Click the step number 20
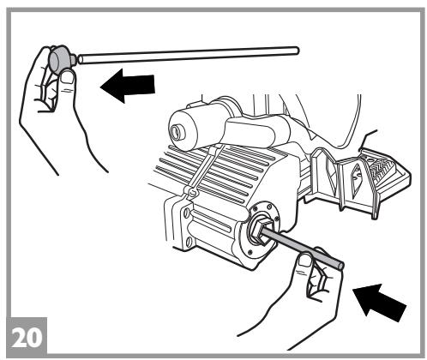27,337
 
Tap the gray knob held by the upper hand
60,59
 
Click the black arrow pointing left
128,86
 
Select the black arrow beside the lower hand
380,303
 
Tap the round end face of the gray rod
340,267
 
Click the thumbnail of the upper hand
69,77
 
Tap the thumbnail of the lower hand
304,260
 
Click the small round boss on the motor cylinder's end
176,132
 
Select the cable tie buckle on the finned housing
192,192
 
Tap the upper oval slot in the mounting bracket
187,213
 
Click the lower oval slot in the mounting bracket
188,242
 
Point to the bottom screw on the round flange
250,252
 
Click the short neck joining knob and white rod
74,59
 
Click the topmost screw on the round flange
269,206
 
